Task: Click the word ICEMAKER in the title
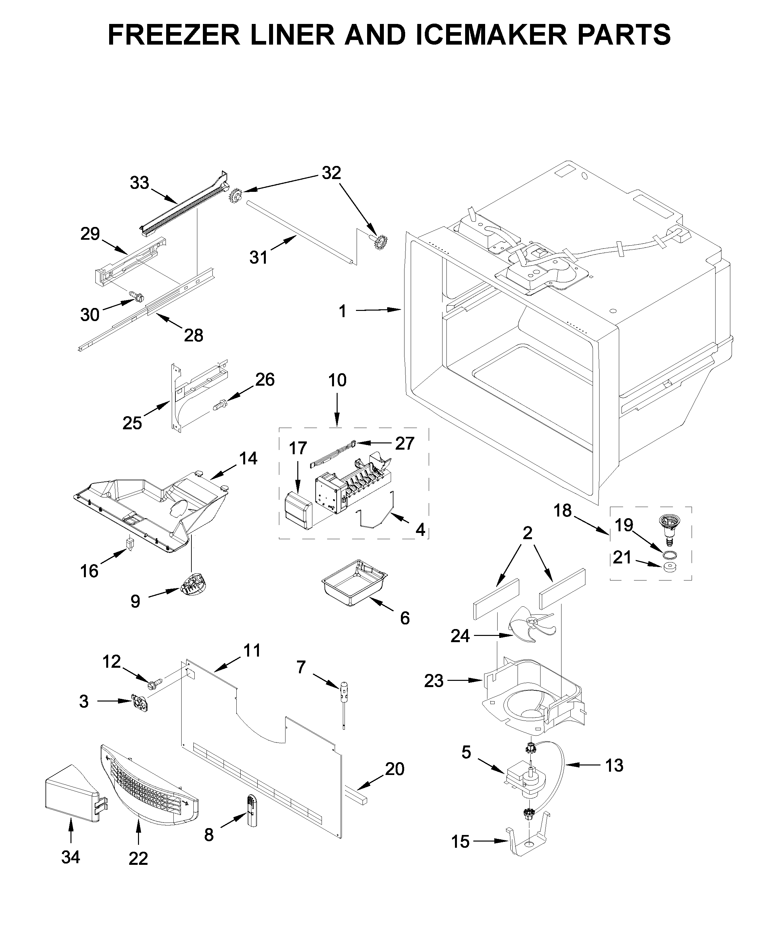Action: click(x=491, y=34)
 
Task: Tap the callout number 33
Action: click(x=140, y=183)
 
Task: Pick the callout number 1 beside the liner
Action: click(x=343, y=312)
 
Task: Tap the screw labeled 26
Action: click(x=220, y=404)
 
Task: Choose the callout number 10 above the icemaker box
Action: click(x=337, y=380)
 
